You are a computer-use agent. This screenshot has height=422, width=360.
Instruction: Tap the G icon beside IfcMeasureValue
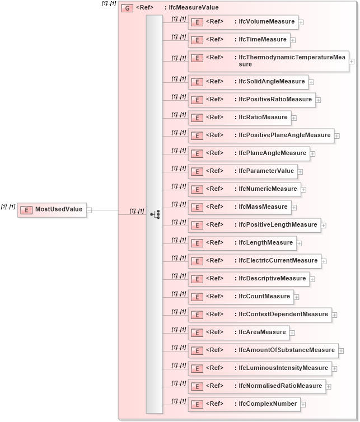[x=127, y=8]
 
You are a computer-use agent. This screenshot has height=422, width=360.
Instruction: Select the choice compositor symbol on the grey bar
[x=155, y=214]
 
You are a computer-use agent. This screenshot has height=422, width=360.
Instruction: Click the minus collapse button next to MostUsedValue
[x=90, y=210]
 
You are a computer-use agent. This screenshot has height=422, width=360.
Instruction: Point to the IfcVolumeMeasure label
[x=267, y=22]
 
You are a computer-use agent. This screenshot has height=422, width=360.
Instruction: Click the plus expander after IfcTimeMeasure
[x=293, y=40]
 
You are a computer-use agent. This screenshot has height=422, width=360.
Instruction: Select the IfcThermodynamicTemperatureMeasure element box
[x=268, y=61]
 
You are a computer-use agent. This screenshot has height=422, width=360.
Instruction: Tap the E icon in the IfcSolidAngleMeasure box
[x=197, y=82]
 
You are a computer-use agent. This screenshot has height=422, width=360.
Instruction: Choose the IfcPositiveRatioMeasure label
[x=275, y=100]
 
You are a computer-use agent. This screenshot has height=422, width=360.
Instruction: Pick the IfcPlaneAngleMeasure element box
[x=249, y=153]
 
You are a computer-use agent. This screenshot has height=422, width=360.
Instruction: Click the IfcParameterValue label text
[x=266, y=171]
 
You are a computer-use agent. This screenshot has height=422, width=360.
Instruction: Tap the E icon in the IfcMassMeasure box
[x=197, y=207]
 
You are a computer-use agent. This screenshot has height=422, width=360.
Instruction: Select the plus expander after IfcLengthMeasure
[x=300, y=243]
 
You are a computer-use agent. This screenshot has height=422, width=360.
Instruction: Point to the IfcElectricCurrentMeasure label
[x=278, y=261]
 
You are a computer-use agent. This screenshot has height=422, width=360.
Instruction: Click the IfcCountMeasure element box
[x=241, y=297]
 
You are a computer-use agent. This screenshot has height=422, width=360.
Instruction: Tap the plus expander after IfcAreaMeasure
[x=292, y=333]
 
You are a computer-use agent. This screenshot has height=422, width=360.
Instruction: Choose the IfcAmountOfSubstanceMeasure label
[x=287, y=350]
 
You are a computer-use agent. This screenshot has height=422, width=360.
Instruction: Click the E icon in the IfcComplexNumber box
[x=197, y=404]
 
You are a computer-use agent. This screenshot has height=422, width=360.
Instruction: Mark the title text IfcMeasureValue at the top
[x=194, y=8]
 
